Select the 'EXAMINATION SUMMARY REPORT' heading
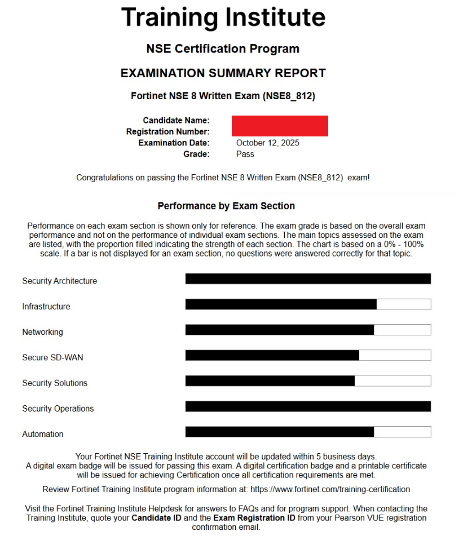pyautogui.click(x=223, y=73)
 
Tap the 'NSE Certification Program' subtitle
pyautogui.click(x=223, y=49)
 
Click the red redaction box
pyautogui.click(x=280, y=126)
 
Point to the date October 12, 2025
pyautogui.click(x=268, y=143)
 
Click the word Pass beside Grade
pyautogui.click(x=245, y=154)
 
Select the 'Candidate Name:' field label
pyautogui.click(x=177, y=121)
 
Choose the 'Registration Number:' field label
pyautogui.click(x=168, y=132)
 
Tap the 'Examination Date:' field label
pyautogui.click(x=174, y=143)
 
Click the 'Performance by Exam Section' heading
pyautogui.click(x=226, y=206)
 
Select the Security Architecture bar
pyautogui.click(x=308, y=279)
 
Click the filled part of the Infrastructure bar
pyautogui.click(x=281, y=304)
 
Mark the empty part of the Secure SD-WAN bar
pyautogui.click(x=395, y=355)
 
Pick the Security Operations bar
pyautogui.click(x=308, y=406)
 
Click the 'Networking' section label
pyautogui.click(x=43, y=332)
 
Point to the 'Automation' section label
pyautogui.click(x=43, y=434)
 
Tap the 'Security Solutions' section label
pyautogui.click(x=55, y=383)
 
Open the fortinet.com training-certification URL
pyautogui.click(x=330, y=489)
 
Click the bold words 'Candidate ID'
pyautogui.click(x=156, y=518)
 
